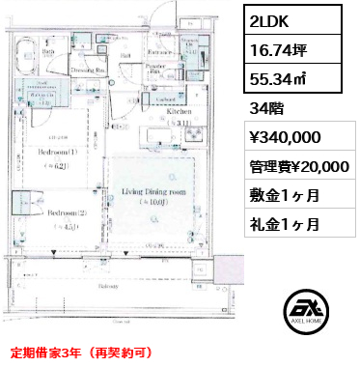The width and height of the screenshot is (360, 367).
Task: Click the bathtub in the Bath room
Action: pos(25,53)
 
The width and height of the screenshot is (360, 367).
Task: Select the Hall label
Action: pos(124,55)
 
